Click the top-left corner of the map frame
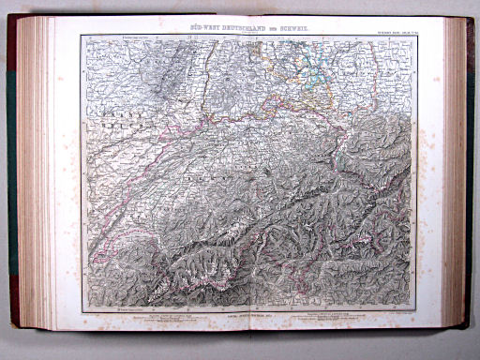(x=82, y=36)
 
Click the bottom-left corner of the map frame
(x=82, y=312)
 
